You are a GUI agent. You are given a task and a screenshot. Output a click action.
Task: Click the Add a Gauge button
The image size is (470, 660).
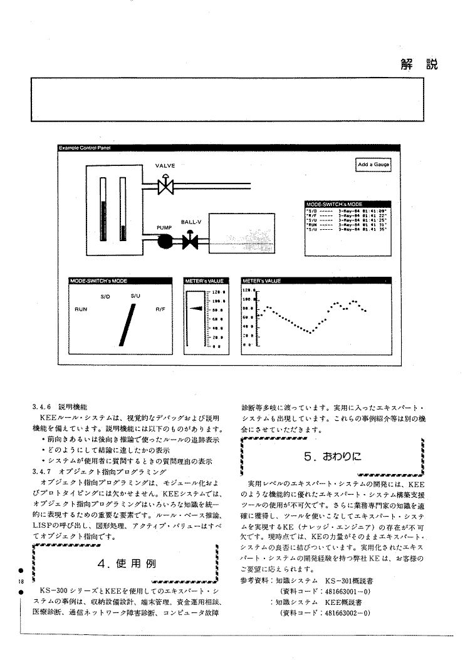[373, 165]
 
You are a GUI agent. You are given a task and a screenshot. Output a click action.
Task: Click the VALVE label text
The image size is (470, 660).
[165, 166]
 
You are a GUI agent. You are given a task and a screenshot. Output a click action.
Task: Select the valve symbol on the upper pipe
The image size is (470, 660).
[165, 185]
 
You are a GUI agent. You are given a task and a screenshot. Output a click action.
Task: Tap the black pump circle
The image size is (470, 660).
[165, 240]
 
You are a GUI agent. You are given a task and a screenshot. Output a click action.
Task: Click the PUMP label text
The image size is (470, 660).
[164, 227]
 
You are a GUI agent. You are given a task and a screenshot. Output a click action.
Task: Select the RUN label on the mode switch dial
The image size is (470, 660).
[81, 309]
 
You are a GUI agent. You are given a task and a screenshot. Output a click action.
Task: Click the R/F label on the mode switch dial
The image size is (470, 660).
[160, 309]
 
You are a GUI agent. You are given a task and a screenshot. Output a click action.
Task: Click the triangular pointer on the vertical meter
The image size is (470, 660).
[196, 308]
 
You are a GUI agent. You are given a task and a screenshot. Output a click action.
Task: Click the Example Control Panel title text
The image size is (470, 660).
[81, 148]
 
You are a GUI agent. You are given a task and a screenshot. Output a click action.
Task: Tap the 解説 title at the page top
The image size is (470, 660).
[417, 63]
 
